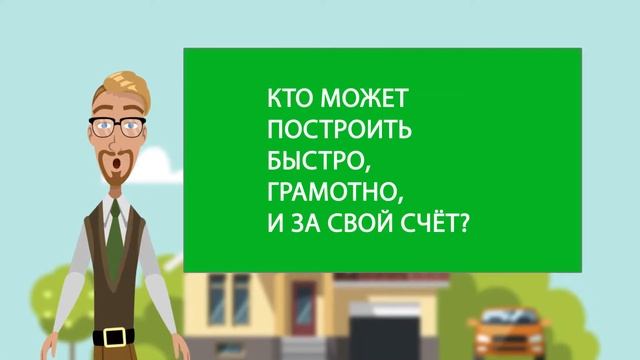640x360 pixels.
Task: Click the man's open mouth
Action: point(120,160)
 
